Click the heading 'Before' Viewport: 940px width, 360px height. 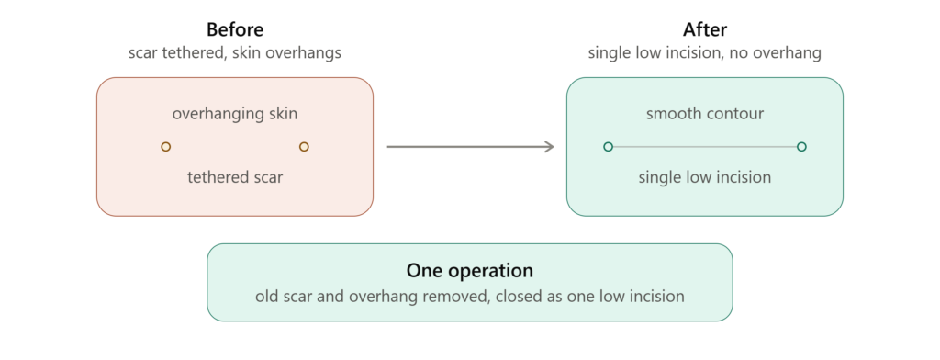(235, 29)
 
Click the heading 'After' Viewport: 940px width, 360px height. (705, 29)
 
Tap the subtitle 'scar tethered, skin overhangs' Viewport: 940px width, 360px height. (235, 52)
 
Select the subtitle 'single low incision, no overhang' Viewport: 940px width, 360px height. (704, 52)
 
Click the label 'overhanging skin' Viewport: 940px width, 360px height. (235, 114)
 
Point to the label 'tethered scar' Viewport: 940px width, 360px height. (235, 177)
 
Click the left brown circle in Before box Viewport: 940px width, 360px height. (165, 146)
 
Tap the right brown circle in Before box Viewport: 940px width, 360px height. (304, 146)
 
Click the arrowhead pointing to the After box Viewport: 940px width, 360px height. (549, 146)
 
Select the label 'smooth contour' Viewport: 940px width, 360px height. (705, 114)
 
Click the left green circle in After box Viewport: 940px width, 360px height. (608, 146)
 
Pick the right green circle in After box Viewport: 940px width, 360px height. (801, 146)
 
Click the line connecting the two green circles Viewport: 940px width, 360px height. (705, 146)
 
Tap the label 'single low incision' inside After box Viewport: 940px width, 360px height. (705, 177)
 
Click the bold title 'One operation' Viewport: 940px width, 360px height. (470, 271)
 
